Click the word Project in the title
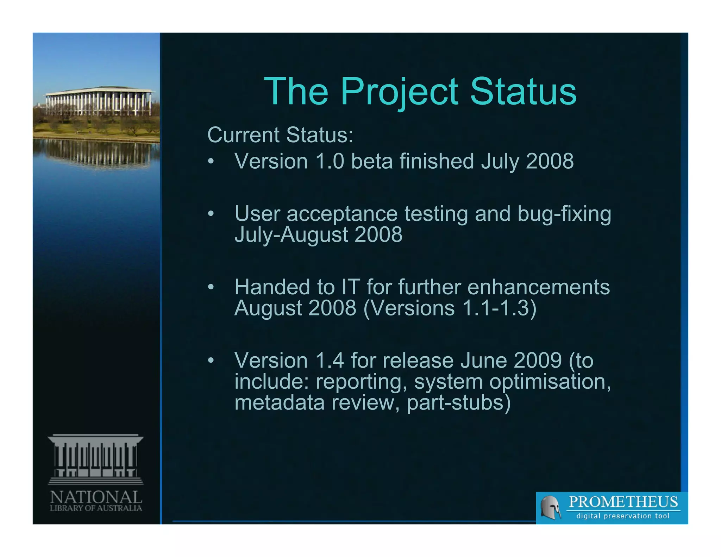pos(400,92)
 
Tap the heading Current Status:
pos(280,135)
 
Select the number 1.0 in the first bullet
pos(330,161)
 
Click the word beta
pos(372,161)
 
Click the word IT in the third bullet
pos(350,287)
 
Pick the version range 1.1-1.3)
pos(499,308)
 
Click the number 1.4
pos(330,361)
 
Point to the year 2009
pos(537,361)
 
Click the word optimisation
pos(550,382)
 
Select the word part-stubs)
pos(458,403)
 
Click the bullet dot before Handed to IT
pos(211,287)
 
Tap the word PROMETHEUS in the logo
pos(623,502)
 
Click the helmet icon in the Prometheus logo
pos(550,507)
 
